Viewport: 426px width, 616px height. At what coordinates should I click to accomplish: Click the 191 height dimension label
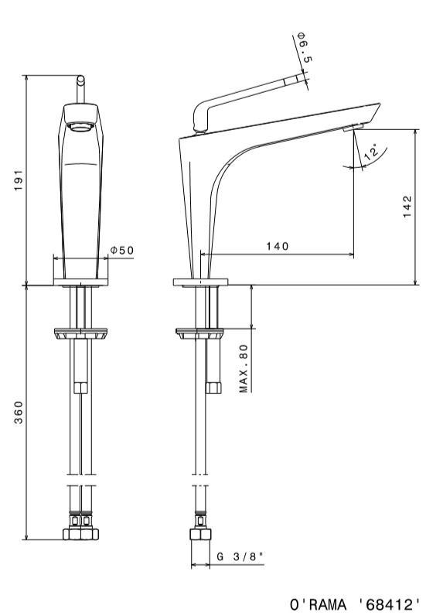point(19,181)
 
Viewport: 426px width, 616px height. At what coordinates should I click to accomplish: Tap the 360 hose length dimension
point(19,412)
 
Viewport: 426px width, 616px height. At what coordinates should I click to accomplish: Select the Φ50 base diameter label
point(122,250)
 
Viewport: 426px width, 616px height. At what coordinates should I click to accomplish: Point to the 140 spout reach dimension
point(278,246)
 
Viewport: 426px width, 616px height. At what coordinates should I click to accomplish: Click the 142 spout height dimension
point(407,207)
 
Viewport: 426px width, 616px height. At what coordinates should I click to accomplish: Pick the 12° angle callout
point(371,152)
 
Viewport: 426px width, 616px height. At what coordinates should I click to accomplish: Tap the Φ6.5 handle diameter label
point(305,47)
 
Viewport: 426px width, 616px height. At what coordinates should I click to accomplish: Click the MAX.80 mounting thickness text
point(244,368)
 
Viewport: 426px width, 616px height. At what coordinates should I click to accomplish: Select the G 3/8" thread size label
point(240,556)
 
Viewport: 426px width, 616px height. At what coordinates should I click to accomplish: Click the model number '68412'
point(388,604)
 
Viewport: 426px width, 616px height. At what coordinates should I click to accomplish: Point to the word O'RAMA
point(319,604)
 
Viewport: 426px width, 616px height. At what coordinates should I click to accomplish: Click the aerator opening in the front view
point(80,126)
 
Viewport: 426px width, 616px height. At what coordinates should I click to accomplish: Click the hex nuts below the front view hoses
point(80,534)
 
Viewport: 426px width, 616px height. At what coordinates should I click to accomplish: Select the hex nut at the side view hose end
point(200,534)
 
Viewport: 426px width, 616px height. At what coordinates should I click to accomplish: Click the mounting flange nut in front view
point(80,333)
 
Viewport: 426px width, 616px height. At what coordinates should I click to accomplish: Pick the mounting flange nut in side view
point(199,333)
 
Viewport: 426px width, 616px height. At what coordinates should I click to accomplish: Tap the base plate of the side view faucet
point(201,282)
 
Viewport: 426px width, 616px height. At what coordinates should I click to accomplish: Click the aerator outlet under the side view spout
point(353,127)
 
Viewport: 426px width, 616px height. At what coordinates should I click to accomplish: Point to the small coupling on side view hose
point(213,388)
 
